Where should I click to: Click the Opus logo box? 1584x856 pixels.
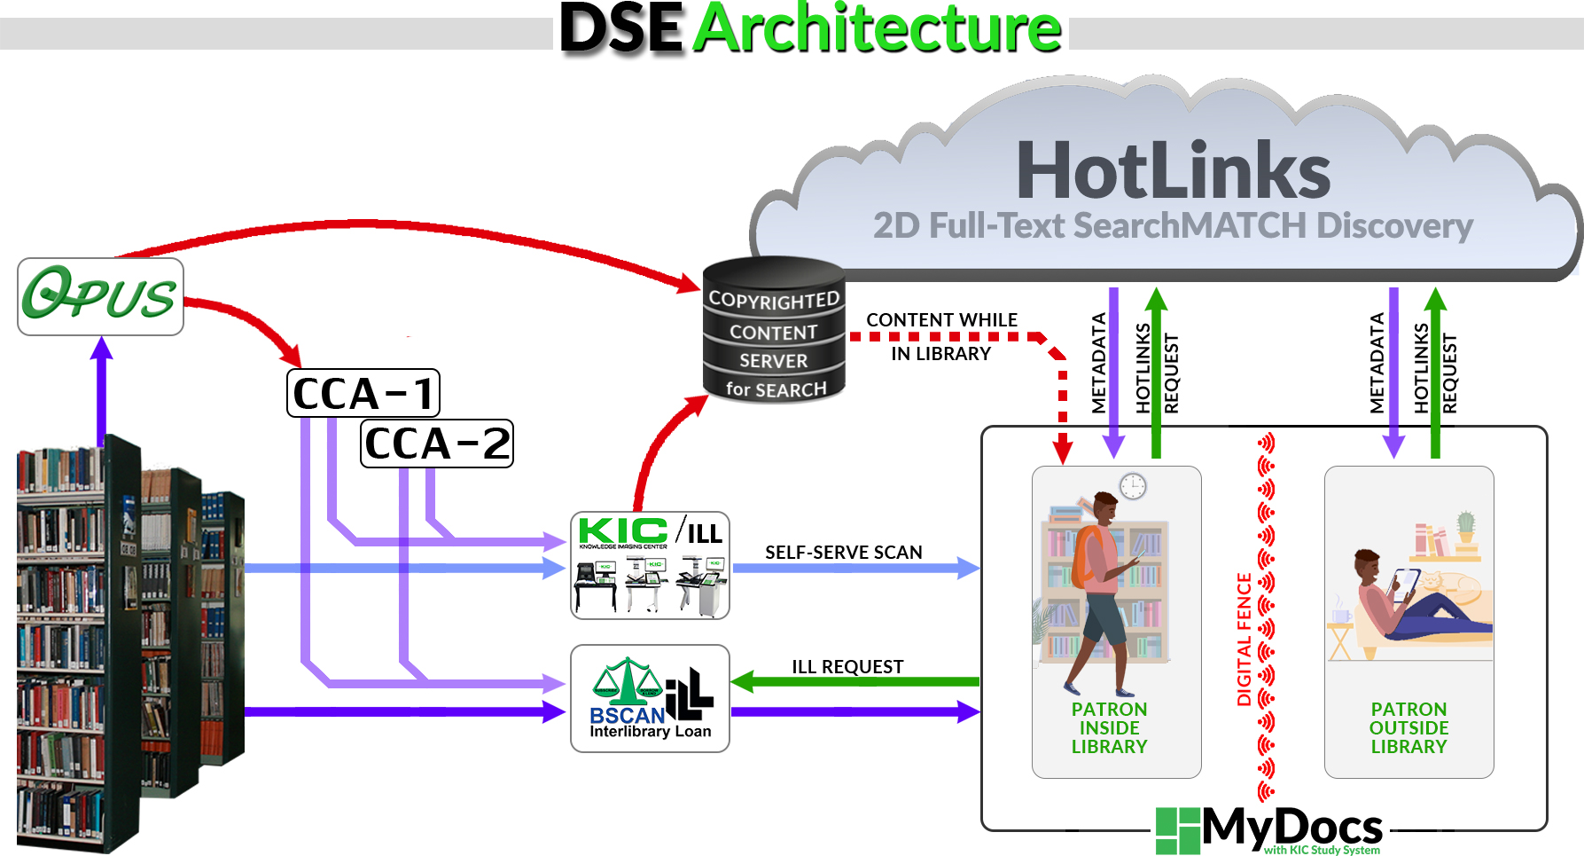coord(100,296)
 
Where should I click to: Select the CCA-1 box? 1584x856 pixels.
coord(363,393)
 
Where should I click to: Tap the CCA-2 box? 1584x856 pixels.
coord(437,444)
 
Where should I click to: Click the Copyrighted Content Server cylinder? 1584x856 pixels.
coord(774,331)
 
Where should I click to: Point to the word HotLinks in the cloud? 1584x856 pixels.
coord(1173,171)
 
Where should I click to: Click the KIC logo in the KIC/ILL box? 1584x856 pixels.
coord(623,531)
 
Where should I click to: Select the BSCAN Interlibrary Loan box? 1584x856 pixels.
coord(650,699)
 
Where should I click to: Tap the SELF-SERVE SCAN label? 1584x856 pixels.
coord(843,552)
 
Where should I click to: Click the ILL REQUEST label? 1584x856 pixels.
coord(847,666)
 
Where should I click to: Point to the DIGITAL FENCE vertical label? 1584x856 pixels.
coord(1244,639)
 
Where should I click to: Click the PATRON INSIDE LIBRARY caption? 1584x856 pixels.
coord(1109,727)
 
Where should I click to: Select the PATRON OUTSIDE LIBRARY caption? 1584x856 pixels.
coord(1408,727)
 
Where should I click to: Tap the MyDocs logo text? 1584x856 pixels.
coord(1291,827)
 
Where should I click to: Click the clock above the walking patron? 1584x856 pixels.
coord(1133,485)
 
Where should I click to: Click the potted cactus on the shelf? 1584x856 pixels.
coord(1466,525)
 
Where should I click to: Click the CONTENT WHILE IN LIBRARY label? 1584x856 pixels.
coord(941,336)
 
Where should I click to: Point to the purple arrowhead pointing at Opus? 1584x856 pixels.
coord(102,347)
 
